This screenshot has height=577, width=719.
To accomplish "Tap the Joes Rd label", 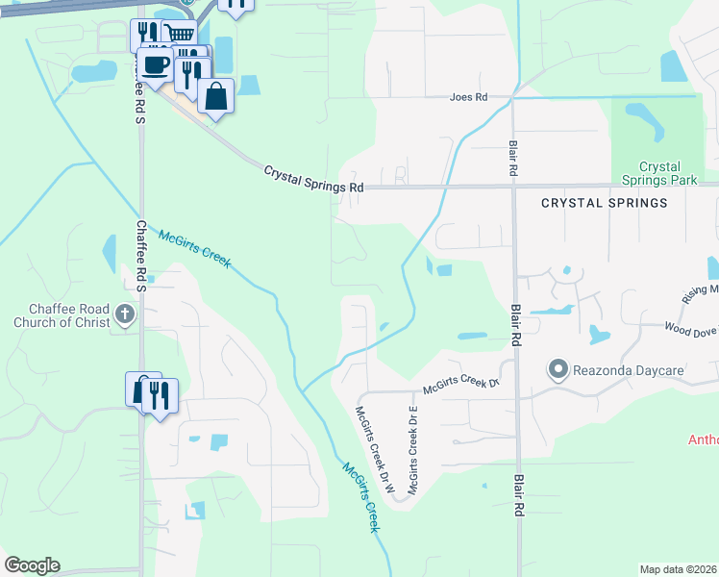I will tap(470, 97).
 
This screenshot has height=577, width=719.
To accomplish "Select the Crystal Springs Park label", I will tap(666, 173).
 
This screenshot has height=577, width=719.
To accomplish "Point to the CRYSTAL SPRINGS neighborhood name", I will tap(604, 203).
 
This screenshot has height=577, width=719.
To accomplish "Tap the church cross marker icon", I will tap(124, 313).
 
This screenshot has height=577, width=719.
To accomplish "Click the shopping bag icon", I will tap(216, 96).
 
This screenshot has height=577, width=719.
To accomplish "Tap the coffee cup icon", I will tap(155, 65).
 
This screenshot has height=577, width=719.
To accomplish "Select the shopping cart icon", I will tap(179, 35).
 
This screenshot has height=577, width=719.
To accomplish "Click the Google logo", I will tap(32, 565).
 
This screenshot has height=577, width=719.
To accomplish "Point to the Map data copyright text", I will tap(678, 569).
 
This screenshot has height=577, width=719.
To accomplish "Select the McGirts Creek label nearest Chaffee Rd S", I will tap(195, 249).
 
